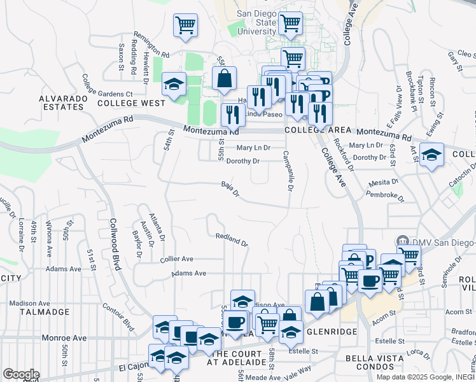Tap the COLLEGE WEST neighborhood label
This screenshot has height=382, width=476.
point(132,103)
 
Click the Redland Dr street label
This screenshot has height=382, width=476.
point(231,239)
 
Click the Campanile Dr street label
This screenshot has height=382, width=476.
point(288,171)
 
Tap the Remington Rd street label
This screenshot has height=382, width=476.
point(151,45)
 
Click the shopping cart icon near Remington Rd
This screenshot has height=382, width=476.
point(185,26)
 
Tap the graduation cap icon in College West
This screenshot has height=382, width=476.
point(173,84)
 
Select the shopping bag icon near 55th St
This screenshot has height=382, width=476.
point(224,79)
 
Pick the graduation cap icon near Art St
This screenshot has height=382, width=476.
point(431,155)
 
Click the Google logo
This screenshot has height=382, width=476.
point(21,374)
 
